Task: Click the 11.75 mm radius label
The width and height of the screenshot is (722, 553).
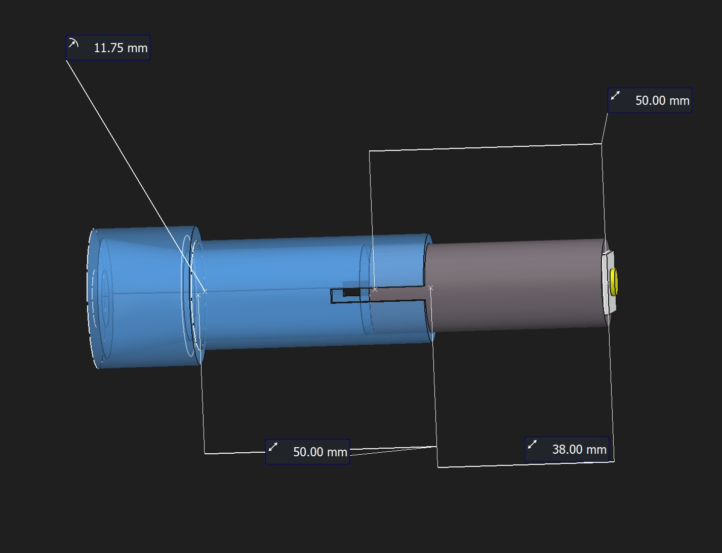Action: coord(108,48)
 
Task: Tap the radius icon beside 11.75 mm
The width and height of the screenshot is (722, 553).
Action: coord(73,43)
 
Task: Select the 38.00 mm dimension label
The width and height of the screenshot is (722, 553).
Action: coord(567,449)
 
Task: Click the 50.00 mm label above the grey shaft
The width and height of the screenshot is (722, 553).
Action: coord(650,100)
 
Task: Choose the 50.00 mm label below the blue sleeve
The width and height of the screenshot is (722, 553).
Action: coord(307,452)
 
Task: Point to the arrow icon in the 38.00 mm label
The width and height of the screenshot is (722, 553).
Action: coord(532,444)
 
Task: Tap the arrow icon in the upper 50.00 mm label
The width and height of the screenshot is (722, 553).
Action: coord(615,95)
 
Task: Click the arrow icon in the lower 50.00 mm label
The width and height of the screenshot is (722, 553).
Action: coord(273,447)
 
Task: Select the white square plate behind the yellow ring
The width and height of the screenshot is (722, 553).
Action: coord(608,283)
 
